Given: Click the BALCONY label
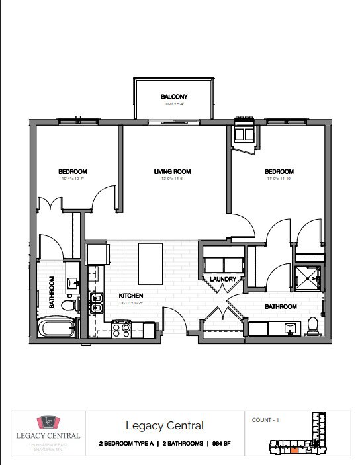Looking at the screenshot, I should (x=175, y=97).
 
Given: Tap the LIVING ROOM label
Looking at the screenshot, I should (x=173, y=172).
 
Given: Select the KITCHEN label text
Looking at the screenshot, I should (x=131, y=296).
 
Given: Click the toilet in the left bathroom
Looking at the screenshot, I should (x=68, y=305).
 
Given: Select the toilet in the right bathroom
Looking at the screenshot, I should (x=312, y=326).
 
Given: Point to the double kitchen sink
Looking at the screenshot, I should (x=96, y=308).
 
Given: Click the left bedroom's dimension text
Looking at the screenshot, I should (x=73, y=179).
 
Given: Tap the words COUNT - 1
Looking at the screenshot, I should (x=266, y=420).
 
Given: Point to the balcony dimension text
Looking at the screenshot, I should (x=175, y=104).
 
